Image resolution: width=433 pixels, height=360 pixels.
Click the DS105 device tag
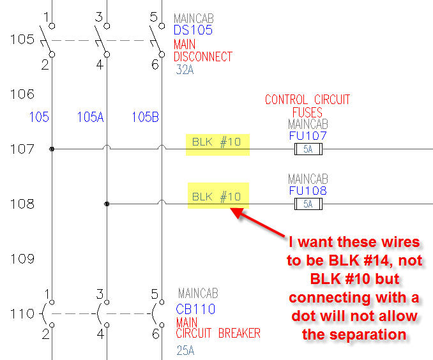192,30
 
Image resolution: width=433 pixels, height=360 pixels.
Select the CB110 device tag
195,309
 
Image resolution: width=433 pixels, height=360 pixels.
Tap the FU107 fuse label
308,136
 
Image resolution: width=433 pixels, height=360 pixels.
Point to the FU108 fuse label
308,190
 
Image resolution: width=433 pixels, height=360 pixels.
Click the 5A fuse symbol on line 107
308,149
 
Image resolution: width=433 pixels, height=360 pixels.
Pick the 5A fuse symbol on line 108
308,204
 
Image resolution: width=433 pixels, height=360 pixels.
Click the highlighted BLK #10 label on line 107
217,142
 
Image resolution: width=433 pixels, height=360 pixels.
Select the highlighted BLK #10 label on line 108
217,197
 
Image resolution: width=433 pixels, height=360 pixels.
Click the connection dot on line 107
52,149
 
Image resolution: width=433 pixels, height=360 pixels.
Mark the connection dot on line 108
107,204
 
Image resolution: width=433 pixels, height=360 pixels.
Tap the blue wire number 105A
90,117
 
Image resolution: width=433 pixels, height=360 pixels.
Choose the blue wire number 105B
146,117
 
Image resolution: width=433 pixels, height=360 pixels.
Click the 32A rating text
185,70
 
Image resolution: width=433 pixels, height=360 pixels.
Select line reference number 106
22,94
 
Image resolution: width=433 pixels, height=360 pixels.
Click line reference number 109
22,259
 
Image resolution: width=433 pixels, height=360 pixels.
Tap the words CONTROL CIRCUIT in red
308,100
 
